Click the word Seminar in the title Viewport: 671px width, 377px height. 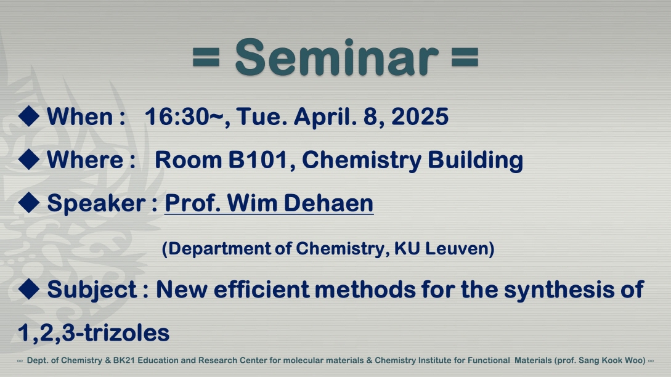337,57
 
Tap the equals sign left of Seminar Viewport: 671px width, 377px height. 206,57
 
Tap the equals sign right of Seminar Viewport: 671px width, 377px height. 465,57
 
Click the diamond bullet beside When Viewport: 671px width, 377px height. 29,116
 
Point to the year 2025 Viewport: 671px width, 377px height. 420,116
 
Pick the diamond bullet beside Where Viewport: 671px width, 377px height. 29,159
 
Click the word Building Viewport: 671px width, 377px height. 476,160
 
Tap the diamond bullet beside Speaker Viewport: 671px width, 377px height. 29,203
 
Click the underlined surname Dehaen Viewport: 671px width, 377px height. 328,203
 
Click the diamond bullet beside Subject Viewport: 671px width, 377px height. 29,289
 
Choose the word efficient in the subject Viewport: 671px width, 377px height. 261,290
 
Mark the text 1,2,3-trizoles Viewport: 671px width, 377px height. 93,333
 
